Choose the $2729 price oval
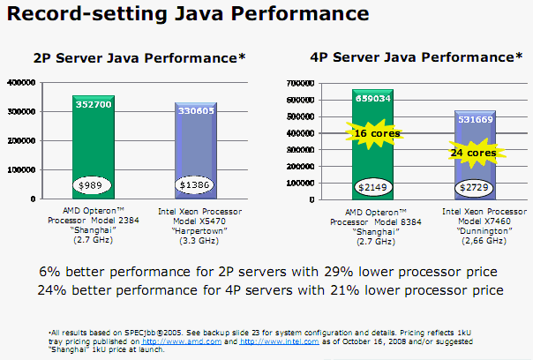pyautogui.click(x=475, y=187)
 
